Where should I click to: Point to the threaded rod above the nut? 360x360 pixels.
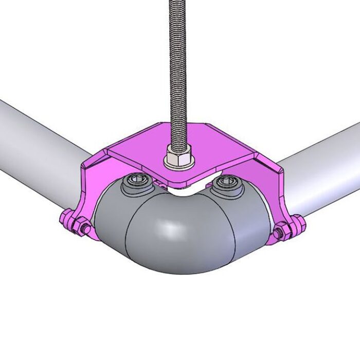[178, 77]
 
